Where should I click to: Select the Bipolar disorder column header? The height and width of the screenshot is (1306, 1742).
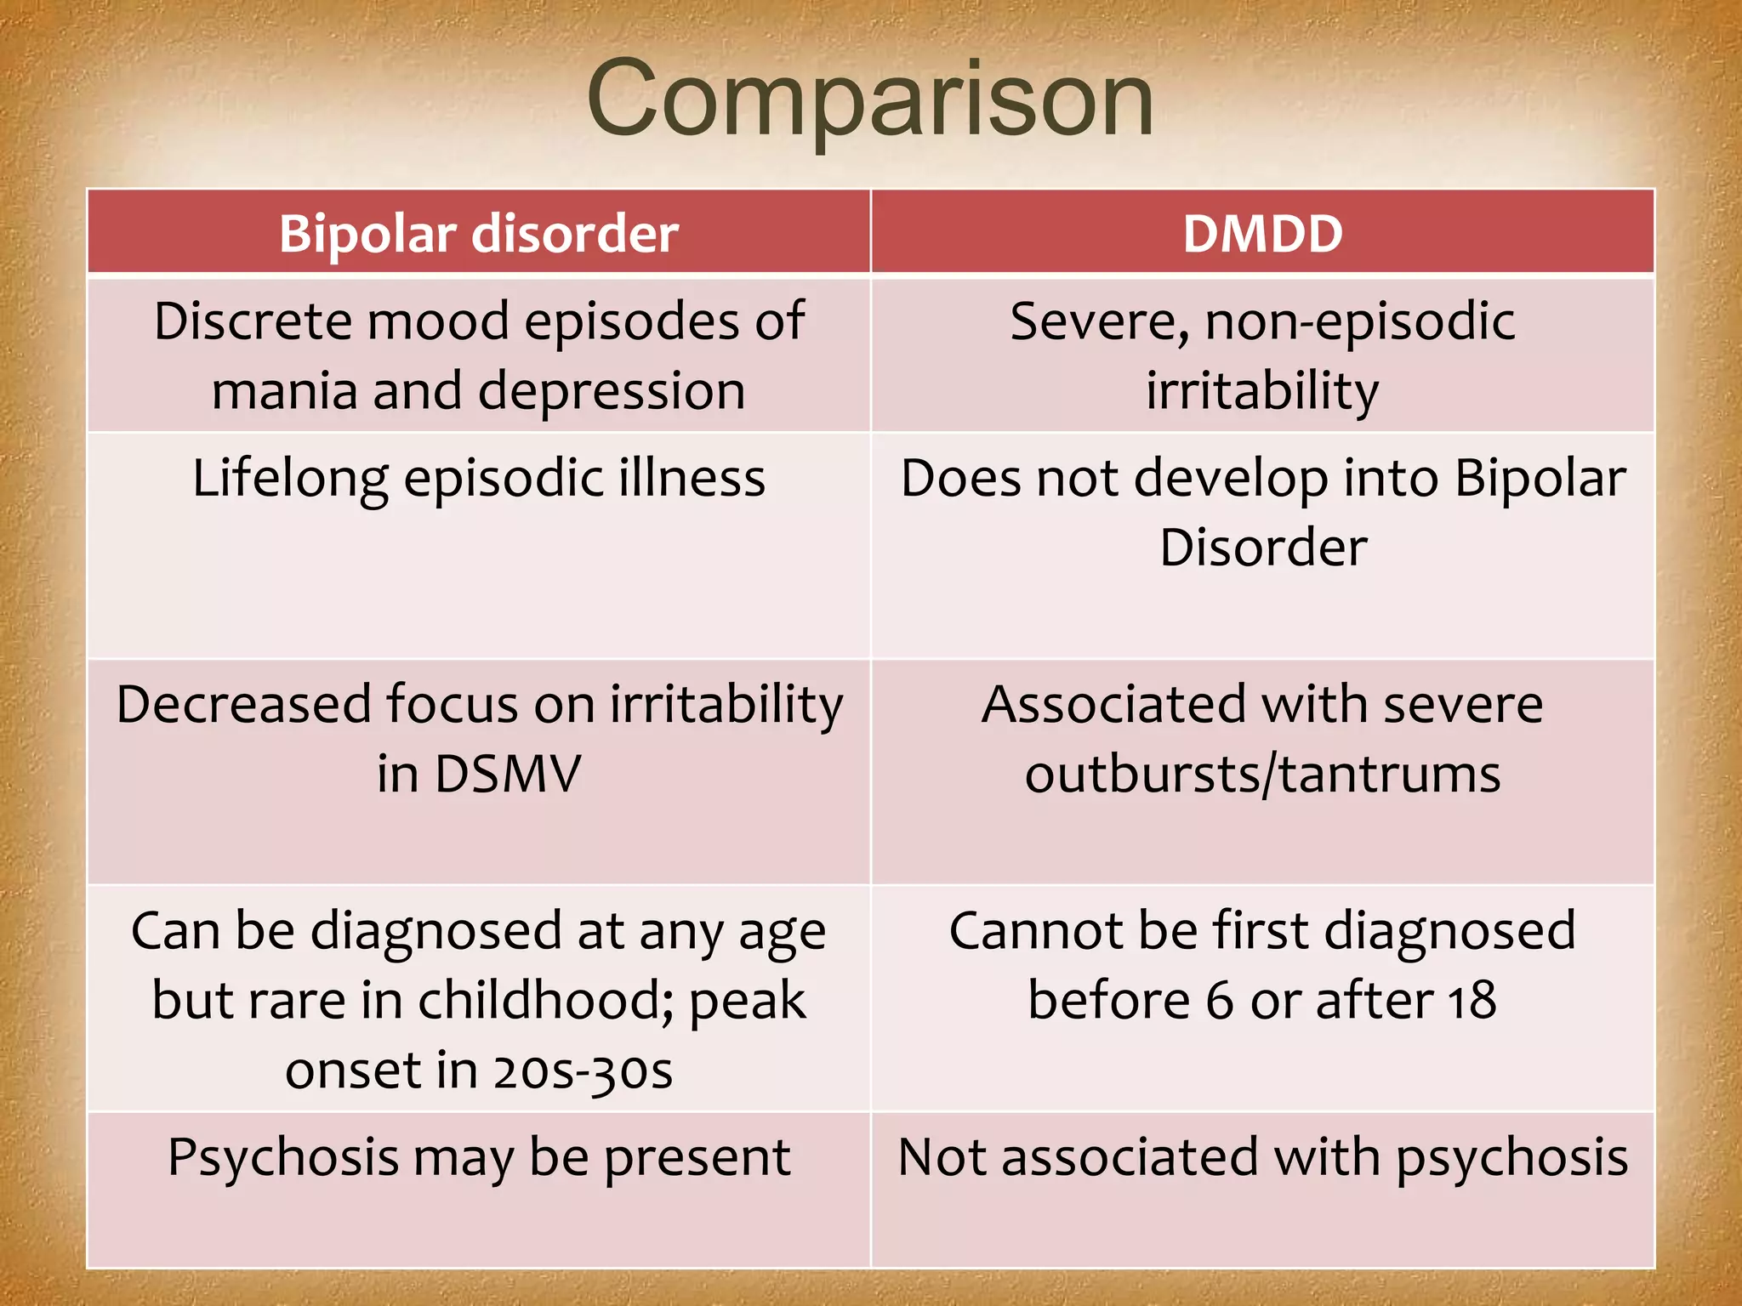coord(479,233)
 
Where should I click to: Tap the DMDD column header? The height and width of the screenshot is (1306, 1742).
coord(1262,233)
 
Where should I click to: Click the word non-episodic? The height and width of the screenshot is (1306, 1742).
coord(1359,322)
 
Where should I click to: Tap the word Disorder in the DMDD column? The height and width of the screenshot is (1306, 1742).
coord(1263,547)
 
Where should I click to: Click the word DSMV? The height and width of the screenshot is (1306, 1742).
coord(508,774)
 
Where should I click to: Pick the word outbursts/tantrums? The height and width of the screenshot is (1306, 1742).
coord(1262,775)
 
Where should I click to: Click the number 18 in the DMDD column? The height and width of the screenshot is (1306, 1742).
coord(1472,1001)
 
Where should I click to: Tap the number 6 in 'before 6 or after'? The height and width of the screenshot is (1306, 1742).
coord(1218,1001)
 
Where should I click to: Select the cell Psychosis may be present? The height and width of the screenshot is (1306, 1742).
coord(479,1158)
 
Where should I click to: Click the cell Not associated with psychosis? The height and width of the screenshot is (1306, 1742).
coord(1262,1158)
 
